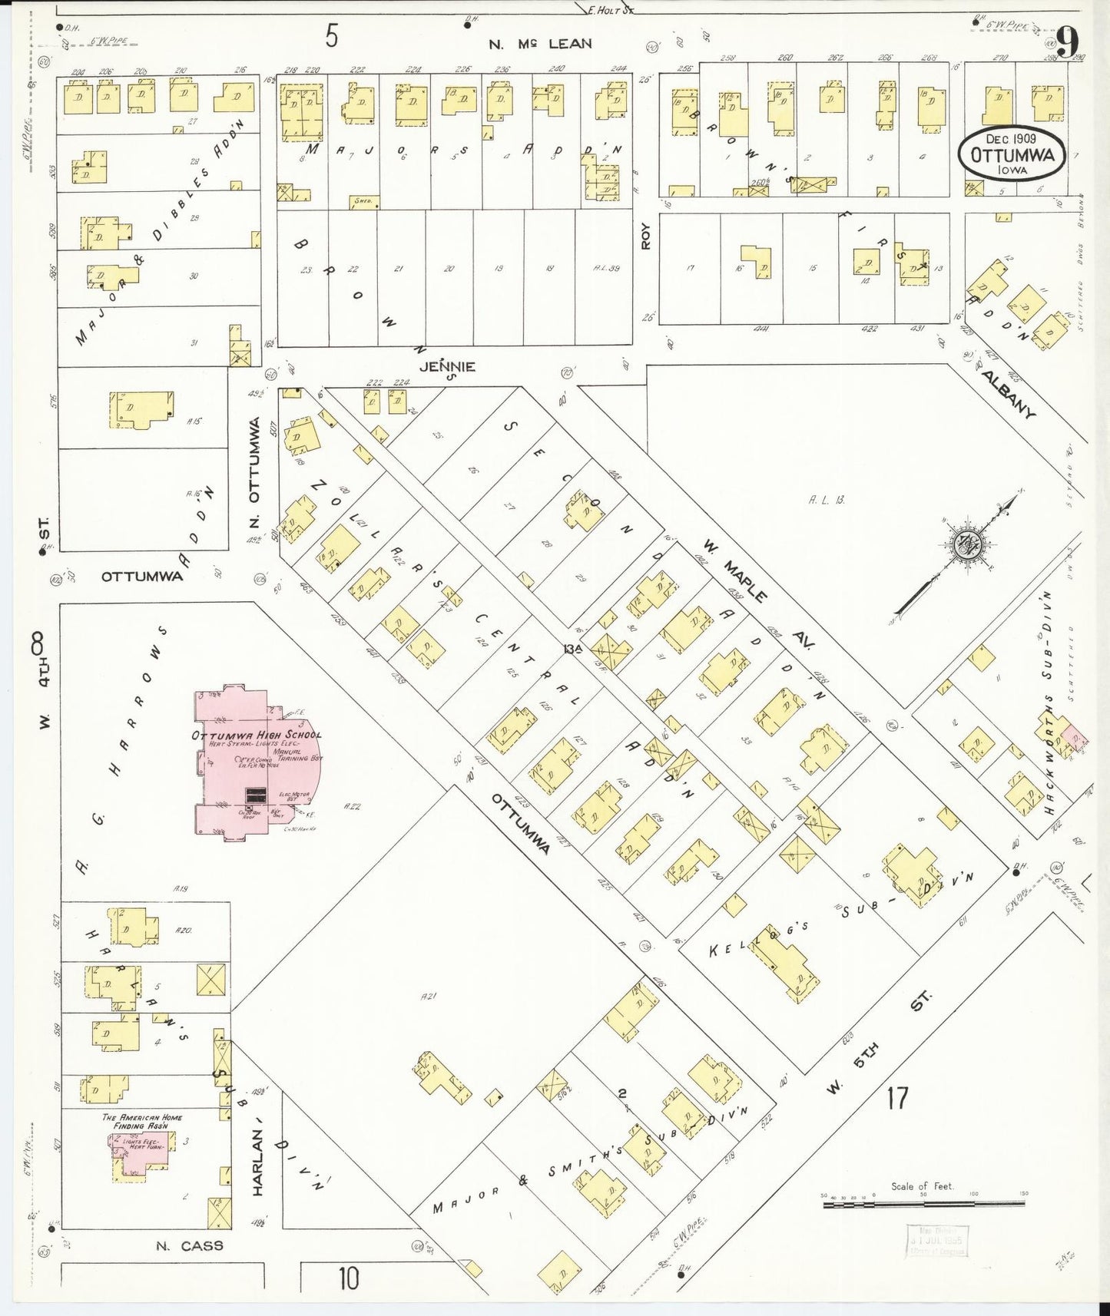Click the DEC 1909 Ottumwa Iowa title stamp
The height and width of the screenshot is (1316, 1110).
pyautogui.click(x=1012, y=154)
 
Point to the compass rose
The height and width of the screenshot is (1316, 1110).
pyautogui.click(x=965, y=545)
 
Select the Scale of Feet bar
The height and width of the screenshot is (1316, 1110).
pyautogui.click(x=922, y=1206)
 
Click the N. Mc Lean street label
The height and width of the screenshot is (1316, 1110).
pyautogui.click(x=541, y=44)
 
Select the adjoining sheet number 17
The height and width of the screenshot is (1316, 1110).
pyautogui.click(x=896, y=1099)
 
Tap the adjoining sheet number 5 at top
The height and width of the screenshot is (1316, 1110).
pyautogui.click(x=330, y=36)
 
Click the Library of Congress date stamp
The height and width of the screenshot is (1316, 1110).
pyautogui.click(x=937, y=1242)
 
